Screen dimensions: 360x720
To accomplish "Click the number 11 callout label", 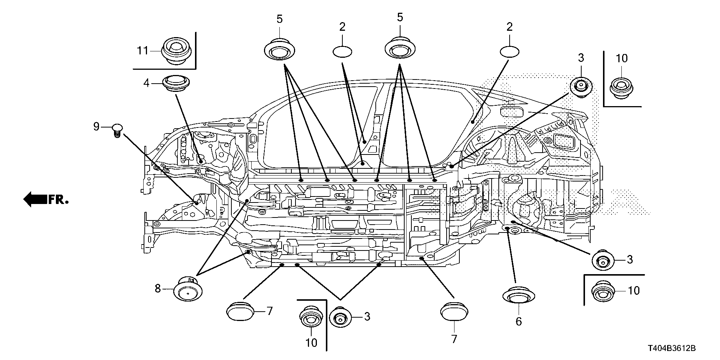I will [x=142, y=50].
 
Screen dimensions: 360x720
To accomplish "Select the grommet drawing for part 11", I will [x=176, y=51].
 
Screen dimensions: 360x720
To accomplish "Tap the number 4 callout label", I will [x=146, y=83].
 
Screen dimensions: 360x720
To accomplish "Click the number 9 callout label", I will [x=96, y=127].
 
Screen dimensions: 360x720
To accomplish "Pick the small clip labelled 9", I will [x=117, y=130].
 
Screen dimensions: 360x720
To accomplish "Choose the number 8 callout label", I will [x=157, y=288].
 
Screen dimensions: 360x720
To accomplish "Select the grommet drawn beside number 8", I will [x=187, y=289].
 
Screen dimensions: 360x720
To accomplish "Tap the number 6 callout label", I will [x=519, y=321].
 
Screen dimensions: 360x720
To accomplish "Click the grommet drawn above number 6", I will [x=518, y=296].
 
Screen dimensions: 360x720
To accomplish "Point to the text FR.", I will [x=58, y=200].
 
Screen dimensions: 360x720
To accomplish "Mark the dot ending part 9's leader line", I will [x=196, y=203].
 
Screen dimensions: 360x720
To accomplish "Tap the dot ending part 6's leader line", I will [x=507, y=228].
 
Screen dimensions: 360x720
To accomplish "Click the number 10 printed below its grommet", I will [x=311, y=342].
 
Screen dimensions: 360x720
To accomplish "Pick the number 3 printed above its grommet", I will [x=581, y=58].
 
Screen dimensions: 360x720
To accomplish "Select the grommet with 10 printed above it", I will [x=621, y=89].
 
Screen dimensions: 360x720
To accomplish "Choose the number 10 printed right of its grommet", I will [x=633, y=291].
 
